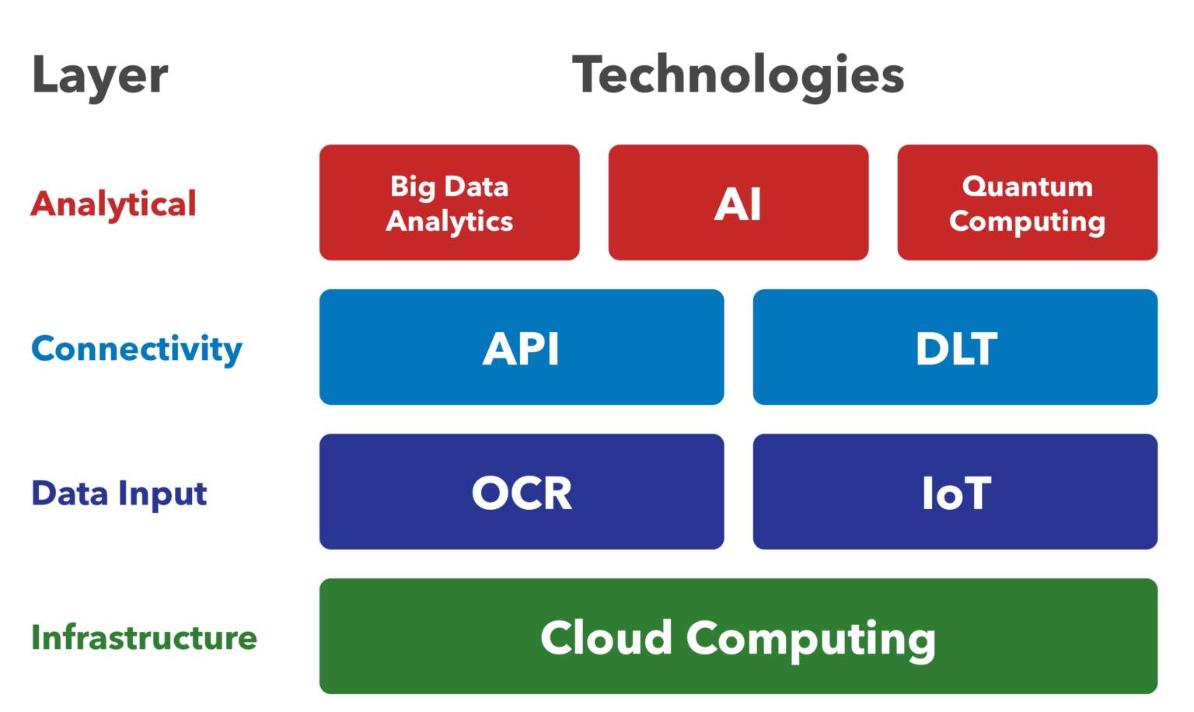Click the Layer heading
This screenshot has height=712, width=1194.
coord(99,76)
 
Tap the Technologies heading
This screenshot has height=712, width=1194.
coord(738,75)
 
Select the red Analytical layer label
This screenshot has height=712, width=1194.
coord(113,204)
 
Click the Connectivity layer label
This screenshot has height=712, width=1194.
coord(137,348)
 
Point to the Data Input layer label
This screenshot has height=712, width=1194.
coord(119,494)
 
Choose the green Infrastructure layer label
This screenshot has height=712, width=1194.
coord(144,637)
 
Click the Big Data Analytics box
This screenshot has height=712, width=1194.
coord(449,203)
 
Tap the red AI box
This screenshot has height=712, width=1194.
coord(738,203)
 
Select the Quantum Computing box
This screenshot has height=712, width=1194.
coord(1027,203)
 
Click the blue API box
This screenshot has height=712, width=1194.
coord(521,347)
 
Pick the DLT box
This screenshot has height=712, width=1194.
coord(955,347)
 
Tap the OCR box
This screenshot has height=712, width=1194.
coord(521,492)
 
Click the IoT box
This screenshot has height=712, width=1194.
coord(955,492)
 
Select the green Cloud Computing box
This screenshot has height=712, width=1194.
coord(738,637)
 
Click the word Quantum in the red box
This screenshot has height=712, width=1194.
coord(1027,187)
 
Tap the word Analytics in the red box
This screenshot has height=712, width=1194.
coord(449,222)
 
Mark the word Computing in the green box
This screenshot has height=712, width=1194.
coord(811,639)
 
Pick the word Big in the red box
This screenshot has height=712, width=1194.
coord(412,187)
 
